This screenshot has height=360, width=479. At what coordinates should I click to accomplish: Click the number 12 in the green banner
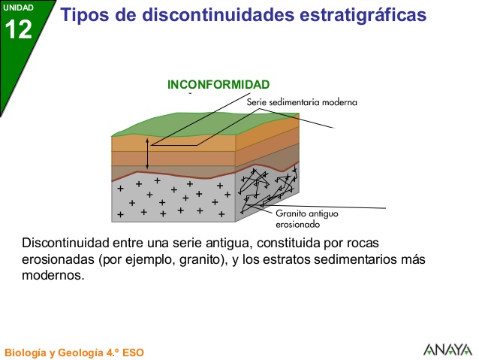(19, 29)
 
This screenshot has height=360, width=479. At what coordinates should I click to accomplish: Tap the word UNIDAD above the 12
(19, 8)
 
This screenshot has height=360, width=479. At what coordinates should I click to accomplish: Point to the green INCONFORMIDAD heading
(218, 84)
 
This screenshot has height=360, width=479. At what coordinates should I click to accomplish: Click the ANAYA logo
(447, 349)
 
